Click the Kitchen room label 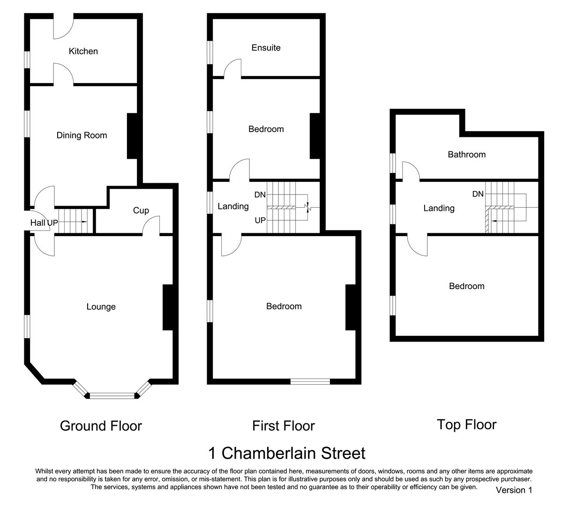(83, 52)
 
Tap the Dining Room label (82, 135)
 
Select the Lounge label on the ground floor (101, 307)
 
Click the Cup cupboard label (141, 210)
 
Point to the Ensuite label (266, 48)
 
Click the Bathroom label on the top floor (466, 155)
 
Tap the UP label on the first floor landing (260, 220)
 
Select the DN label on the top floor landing (478, 194)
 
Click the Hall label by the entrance (38, 223)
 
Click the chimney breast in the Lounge (168, 307)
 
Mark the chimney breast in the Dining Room (132, 136)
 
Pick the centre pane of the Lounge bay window (112, 396)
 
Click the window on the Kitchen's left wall (28, 60)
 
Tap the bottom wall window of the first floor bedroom (310, 381)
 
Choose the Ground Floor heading (101, 426)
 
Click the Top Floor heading (466, 424)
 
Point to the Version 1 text (514, 490)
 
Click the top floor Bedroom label (466, 286)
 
